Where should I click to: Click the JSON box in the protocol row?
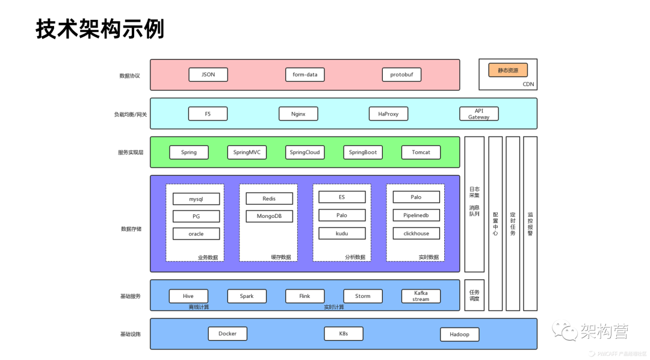pos(208,75)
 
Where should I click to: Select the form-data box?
pos(305,75)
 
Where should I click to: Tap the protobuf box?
pos(401,75)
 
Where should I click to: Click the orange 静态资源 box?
pos(508,70)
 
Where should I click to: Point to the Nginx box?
pos(298,114)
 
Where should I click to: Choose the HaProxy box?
pos(388,114)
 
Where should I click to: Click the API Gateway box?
pos(478,114)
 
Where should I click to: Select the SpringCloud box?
pos(305,152)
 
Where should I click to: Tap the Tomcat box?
pos(421,152)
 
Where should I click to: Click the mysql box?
pos(196,199)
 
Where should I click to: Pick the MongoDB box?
pos(269,216)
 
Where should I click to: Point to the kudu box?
pos(342,233)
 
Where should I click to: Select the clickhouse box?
pos(416,233)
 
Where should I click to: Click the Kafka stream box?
pos(421,296)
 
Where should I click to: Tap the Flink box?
pos(305,296)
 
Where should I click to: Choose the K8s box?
pos(343,334)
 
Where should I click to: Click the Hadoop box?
pos(459,334)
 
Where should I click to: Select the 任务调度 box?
pos(474,295)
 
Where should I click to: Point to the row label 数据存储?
pos(131,229)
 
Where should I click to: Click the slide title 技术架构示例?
pos(100,29)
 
